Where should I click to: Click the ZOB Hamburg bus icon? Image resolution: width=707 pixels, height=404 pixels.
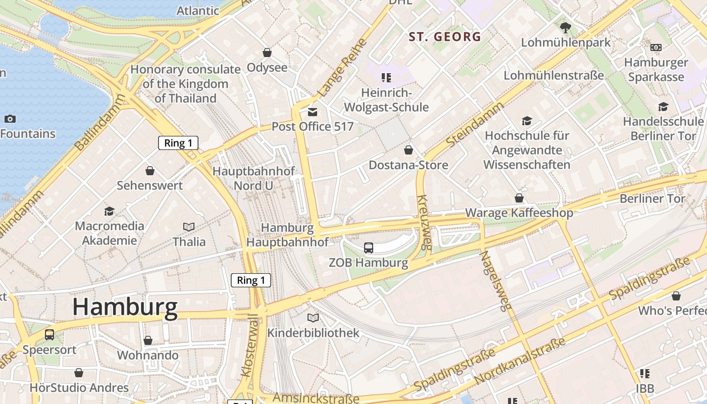pyautogui.click(x=369, y=248)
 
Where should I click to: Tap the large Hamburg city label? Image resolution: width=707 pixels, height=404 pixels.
pyautogui.click(x=125, y=307)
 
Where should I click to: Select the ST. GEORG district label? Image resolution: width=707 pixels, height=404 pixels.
pyautogui.click(x=445, y=37)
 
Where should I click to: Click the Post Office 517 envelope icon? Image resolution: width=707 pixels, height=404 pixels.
pyautogui.click(x=313, y=112)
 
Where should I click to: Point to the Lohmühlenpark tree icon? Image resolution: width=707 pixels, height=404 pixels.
pyautogui.click(x=566, y=28)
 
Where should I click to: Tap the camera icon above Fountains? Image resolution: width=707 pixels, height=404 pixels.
pyautogui.click(x=10, y=119)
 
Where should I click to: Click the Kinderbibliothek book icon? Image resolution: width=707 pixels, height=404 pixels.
pyautogui.click(x=313, y=318)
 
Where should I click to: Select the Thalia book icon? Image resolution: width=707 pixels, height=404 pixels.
pyautogui.click(x=189, y=227)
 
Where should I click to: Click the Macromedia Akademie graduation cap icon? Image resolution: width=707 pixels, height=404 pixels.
pyautogui.click(x=109, y=211)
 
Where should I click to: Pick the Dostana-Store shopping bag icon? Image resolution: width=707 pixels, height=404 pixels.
pyautogui.click(x=409, y=150)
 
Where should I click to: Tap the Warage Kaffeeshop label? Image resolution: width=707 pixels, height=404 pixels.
pyautogui.click(x=519, y=213)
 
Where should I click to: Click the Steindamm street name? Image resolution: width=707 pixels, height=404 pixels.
pyautogui.click(x=475, y=125)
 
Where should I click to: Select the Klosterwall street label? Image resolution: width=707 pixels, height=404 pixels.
pyautogui.click(x=249, y=346)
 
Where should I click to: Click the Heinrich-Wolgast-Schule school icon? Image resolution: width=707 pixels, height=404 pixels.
pyautogui.click(x=386, y=78)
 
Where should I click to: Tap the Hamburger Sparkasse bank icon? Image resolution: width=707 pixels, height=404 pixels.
pyautogui.click(x=655, y=47)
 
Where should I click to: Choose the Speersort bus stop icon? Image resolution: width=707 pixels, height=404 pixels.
pyautogui.click(x=49, y=334)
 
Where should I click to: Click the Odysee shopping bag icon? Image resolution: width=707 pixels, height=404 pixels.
pyautogui.click(x=267, y=53)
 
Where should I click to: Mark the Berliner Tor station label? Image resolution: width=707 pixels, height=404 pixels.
pyautogui.click(x=652, y=198)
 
